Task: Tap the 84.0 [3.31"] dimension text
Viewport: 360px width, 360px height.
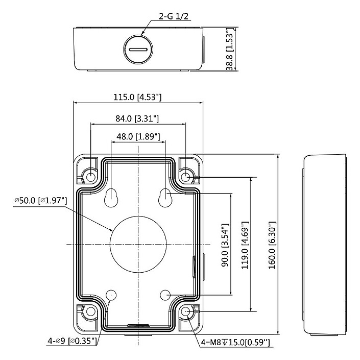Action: (x=137, y=118)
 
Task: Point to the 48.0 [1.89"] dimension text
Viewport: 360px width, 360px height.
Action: (x=138, y=136)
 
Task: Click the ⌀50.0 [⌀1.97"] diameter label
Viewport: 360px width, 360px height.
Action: (x=41, y=201)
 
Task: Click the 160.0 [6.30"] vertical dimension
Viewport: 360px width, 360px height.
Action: (x=272, y=245)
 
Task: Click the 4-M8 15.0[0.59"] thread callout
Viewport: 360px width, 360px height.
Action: (x=236, y=342)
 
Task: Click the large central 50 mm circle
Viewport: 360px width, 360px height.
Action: (x=138, y=244)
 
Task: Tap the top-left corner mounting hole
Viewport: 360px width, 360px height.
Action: (x=90, y=177)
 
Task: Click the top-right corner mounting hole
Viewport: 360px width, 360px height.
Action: (x=186, y=177)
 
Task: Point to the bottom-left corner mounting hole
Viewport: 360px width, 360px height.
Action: (x=90, y=311)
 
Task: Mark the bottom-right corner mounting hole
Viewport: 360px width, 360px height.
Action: (x=186, y=311)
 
